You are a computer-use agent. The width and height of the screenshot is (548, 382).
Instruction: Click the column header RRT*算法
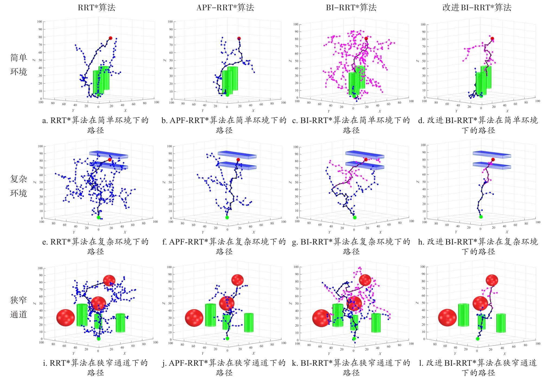point(96,7)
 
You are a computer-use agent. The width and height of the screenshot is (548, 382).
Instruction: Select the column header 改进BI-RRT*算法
point(477,7)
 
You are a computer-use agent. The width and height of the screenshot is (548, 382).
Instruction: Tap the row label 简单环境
point(18,65)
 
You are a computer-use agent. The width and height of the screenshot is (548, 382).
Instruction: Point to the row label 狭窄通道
point(18,307)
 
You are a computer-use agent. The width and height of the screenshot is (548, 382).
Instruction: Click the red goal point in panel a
point(111,38)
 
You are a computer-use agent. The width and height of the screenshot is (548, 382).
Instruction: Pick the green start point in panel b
point(227,95)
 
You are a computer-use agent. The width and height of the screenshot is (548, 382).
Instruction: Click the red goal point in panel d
point(492,39)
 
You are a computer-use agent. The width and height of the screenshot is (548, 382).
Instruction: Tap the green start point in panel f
point(227,218)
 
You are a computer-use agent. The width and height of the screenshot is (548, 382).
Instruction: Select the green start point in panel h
point(481,217)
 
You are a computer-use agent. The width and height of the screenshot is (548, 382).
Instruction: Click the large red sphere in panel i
point(66,318)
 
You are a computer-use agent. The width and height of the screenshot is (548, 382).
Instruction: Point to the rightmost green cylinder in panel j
point(249,322)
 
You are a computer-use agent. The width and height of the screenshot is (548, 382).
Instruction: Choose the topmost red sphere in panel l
point(492,280)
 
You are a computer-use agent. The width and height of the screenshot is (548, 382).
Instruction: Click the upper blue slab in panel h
point(492,154)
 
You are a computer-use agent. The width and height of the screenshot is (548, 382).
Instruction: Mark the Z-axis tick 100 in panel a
point(40,22)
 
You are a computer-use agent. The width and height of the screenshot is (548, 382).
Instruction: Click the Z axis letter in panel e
point(34,182)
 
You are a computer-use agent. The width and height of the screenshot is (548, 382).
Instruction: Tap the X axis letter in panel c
point(380,111)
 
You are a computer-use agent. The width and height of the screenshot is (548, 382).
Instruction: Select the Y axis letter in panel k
point(329,354)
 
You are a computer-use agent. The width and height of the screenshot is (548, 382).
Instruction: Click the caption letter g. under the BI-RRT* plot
point(294,242)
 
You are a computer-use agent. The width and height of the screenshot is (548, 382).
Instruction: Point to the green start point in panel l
point(478,339)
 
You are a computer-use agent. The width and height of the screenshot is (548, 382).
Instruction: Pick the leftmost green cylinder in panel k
point(338,315)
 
